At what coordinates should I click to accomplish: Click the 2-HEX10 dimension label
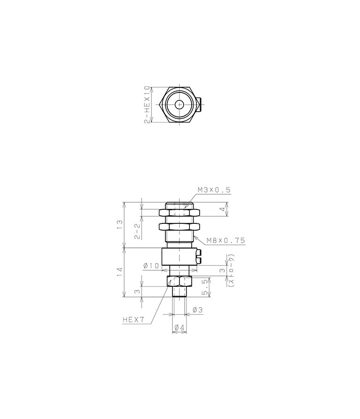pos(148,105)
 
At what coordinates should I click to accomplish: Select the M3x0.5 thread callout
pos(214,190)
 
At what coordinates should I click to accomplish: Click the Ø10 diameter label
pos(151,266)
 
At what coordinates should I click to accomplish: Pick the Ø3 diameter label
pos(197,310)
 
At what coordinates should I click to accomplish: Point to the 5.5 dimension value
pos(205,287)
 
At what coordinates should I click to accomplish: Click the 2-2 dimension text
pos(137,231)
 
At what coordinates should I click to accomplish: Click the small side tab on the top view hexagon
pos(199,105)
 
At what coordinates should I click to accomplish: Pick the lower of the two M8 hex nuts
pos(180,227)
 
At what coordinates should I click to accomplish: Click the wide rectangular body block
pos(178,257)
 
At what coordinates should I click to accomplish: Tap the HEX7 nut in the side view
pos(180,282)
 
